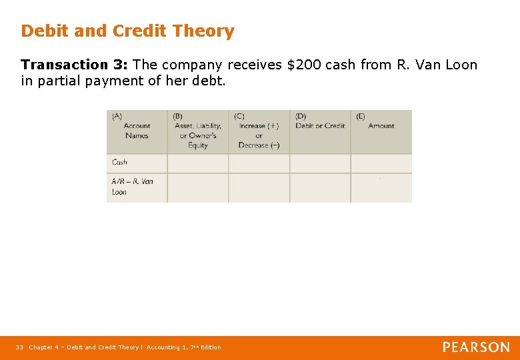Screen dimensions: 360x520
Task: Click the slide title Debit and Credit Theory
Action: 127,31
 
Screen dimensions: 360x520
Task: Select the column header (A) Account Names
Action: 136,131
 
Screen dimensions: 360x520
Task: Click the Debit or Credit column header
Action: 320,125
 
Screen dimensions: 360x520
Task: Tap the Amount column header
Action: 381,125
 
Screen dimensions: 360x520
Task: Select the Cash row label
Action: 120,162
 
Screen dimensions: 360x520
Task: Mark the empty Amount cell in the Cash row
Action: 381,163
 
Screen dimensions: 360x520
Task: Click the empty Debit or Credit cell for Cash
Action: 320,163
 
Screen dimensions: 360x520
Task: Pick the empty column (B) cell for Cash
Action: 197,163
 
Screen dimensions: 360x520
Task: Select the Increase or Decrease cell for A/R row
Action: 259,187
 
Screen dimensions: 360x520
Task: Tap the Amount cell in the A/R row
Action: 381,187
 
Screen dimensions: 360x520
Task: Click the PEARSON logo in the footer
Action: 476,347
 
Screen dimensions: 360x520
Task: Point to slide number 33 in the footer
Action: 20,347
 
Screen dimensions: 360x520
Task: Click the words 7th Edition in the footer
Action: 202,347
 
